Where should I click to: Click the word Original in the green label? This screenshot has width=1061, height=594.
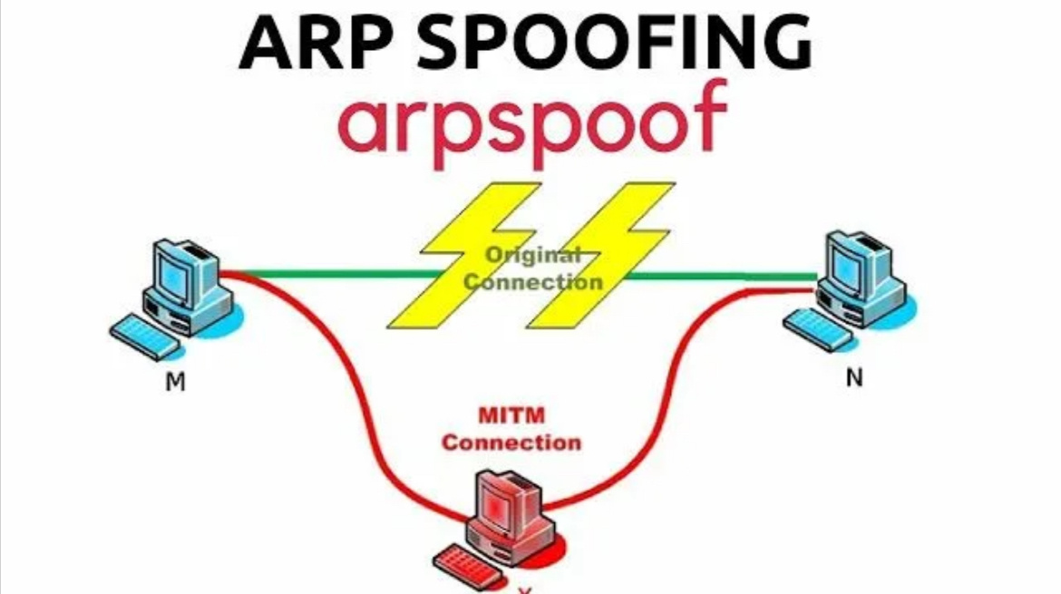click(x=532, y=255)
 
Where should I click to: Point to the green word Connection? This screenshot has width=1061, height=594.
click(x=532, y=282)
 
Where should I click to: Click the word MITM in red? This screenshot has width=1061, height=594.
click(x=511, y=416)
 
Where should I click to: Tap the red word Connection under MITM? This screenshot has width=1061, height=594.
click(x=511, y=443)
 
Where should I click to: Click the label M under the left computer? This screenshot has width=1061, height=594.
click(x=175, y=383)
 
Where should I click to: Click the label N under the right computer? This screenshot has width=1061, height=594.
click(x=853, y=378)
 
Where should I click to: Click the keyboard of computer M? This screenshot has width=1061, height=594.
click(x=145, y=336)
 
